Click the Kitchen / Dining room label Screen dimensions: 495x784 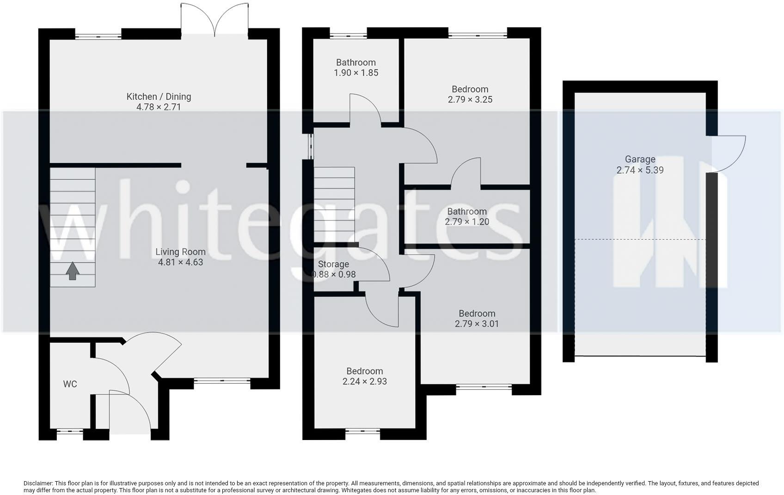click(x=159, y=97)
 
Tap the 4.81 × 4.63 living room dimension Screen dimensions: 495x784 click(x=180, y=262)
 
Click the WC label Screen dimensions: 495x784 click(x=70, y=384)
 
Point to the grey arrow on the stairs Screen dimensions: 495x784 click(x=72, y=272)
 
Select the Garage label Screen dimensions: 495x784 click(x=640, y=159)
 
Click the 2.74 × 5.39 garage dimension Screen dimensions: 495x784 click(x=640, y=170)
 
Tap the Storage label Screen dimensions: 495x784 click(x=333, y=264)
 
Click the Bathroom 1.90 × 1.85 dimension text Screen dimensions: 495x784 click(x=356, y=73)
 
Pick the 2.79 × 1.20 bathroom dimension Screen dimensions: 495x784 click(x=467, y=222)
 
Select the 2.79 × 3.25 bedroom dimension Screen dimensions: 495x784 click(x=470, y=99)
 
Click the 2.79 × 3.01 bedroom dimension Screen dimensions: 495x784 click(x=477, y=324)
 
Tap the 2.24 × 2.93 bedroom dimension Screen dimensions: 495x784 click(x=364, y=381)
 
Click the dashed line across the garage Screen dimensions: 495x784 click(x=640, y=239)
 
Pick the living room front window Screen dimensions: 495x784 click(x=222, y=381)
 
